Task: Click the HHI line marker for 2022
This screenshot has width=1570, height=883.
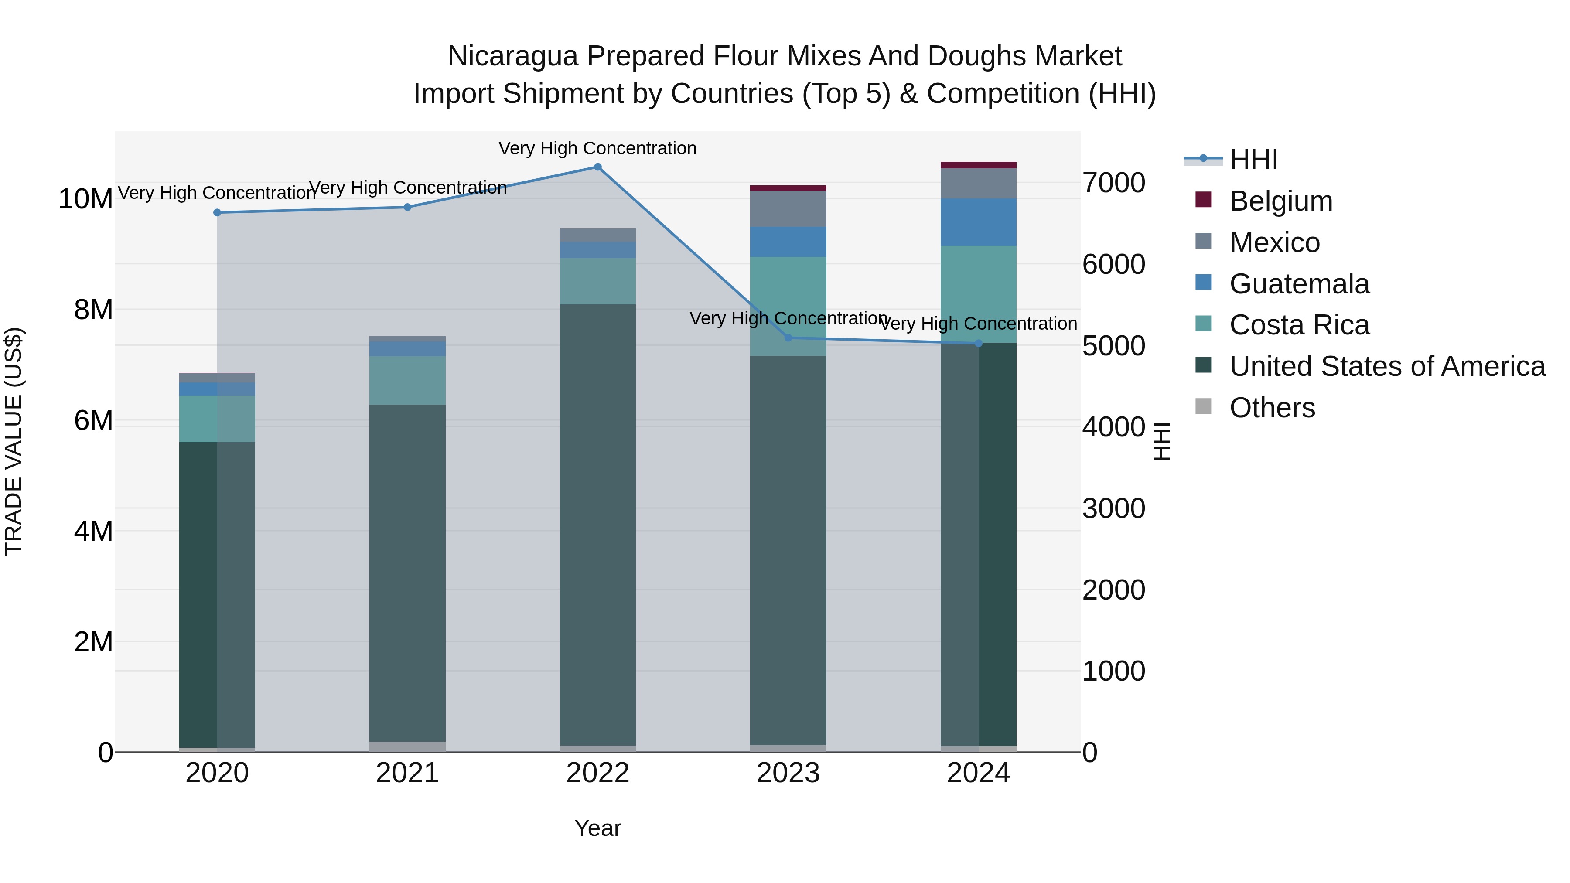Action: pos(597,167)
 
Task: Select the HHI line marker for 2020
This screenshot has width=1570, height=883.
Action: pos(217,213)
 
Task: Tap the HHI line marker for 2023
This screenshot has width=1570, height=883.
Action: pos(788,338)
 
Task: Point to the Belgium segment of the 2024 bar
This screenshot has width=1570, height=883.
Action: pos(978,165)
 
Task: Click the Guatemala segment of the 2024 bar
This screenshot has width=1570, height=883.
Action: pos(978,222)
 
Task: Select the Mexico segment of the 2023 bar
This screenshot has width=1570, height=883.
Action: pos(788,209)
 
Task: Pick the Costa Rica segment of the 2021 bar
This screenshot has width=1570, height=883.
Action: pos(407,380)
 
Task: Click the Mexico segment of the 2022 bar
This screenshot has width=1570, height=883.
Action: pos(597,235)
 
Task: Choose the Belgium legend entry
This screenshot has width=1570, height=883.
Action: pos(1280,201)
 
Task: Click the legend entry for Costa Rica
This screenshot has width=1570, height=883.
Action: pos(1298,325)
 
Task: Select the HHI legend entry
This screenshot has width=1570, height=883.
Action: pos(1253,160)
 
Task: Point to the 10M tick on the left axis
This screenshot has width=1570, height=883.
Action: pos(85,199)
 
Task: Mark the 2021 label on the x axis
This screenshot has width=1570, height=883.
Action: pos(407,773)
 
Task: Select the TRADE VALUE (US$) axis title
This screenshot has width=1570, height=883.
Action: pos(14,441)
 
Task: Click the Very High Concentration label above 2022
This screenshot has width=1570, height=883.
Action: pos(597,148)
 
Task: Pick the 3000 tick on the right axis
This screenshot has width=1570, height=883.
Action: pos(1113,508)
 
